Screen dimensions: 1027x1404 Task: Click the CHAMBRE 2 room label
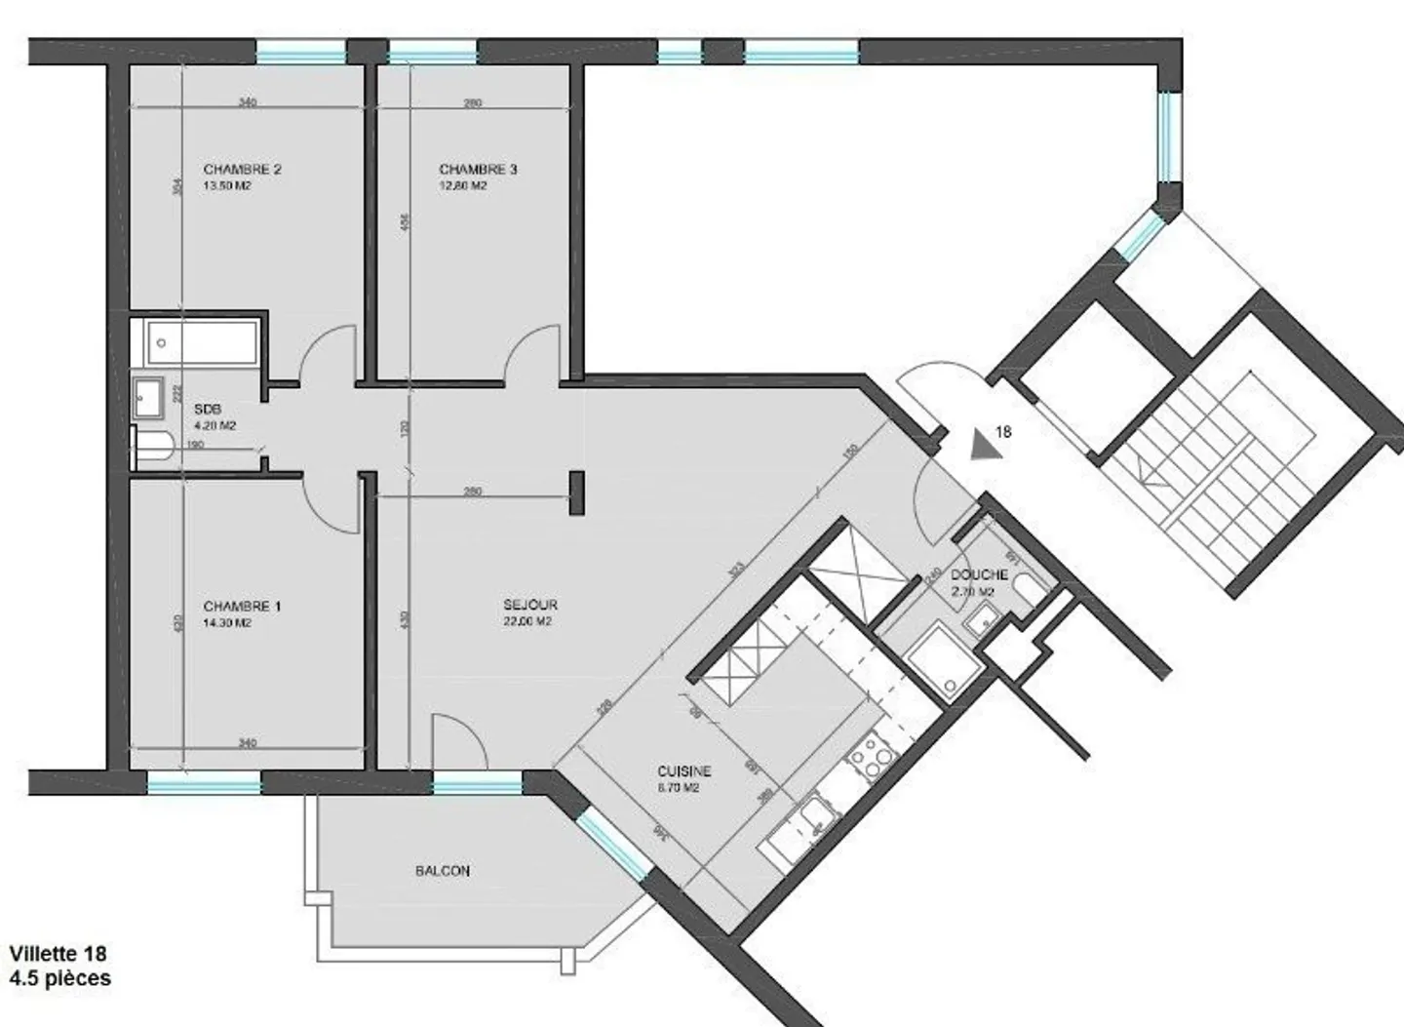pyautogui.click(x=242, y=169)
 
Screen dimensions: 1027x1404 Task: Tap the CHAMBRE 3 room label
pyautogui.click(x=478, y=169)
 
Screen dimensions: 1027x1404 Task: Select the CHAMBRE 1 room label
pyautogui.click(x=242, y=606)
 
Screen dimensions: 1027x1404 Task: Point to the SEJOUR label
pyautogui.click(x=529, y=605)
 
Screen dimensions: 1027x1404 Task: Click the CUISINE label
pyautogui.click(x=683, y=770)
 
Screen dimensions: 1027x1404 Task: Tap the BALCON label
pyautogui.click(x=443, y=870)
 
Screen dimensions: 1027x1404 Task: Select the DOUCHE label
pyautogui.click(x=979, y=574)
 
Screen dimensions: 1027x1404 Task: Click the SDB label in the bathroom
pyautogui.click(x=208, y=410)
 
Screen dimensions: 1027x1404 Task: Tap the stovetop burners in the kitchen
pyautogui.click(x=871, y=757)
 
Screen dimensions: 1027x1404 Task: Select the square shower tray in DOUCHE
pyautogui.click(x=937, y=659)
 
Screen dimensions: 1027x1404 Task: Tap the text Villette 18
pyautogui.click(x=58, y=953)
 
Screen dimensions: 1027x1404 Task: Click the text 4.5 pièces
pyautogui.click(x=59, y=977)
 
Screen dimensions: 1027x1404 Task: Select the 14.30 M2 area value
pyautogui.click(x=227, y=622)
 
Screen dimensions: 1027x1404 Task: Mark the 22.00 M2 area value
pyautogui.click(x=527, y=621)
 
